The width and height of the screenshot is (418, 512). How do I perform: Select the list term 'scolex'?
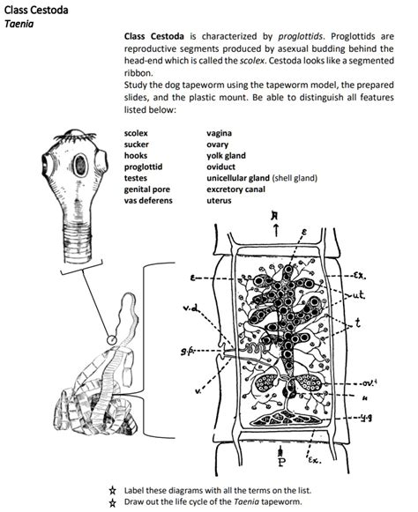pos(137,132)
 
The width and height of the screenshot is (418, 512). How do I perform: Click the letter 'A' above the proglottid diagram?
pos(279,219)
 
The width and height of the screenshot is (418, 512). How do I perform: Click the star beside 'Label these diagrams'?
pos(112,488)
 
